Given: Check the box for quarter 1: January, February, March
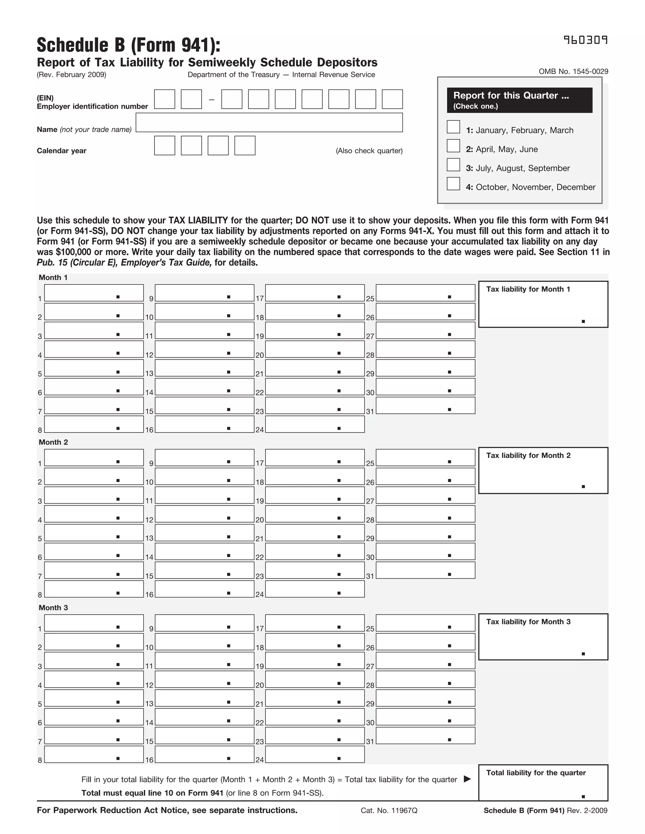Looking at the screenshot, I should [x=453, y=127].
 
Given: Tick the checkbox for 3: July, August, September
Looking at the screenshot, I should [x=453, y=165].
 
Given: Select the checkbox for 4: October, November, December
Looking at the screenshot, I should [x=453, y=184].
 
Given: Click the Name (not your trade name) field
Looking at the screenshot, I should [x=269, y=122].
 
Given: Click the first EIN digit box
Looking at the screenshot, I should [x=164, y=99].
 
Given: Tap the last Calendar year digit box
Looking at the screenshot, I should [x=244, y=145].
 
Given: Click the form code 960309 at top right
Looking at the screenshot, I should [x=585, y=40].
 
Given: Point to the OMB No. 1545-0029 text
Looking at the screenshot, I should [x=573, y=71].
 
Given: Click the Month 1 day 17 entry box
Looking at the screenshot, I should [x=315, y=293].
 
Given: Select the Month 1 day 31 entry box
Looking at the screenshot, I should [x=425, y=406].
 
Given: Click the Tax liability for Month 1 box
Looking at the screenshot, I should [x=543, y=304].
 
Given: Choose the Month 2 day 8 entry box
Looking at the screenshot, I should [x=94, y=589].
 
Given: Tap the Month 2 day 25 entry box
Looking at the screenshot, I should [x=425, y=458].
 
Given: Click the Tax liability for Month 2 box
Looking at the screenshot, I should [x=543, y=471].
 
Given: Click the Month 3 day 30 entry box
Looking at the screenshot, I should [x=425, y=717].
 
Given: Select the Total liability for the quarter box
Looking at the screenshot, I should [x=543, y=783].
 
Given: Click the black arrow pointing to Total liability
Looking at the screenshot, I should [x=467, y=779].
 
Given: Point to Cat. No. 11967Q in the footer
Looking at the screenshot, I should [x=389, y=810].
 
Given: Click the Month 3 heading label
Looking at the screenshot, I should [x=53, y=607].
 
